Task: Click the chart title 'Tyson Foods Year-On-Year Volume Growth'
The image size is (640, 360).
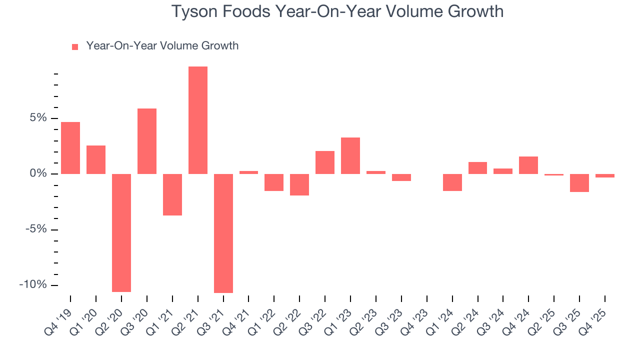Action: [337, 11]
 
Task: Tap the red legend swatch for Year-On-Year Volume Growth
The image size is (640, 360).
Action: [75, 47]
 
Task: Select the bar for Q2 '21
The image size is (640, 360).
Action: [198, 120]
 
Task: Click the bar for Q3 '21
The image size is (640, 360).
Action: [223, 233]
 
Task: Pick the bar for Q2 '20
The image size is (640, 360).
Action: [121, 232]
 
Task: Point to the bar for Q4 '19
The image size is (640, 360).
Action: [70, 148]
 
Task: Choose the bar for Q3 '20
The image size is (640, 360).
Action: [147, 141]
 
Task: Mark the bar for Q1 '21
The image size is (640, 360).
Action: [172, 194]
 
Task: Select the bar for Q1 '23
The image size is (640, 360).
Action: [350, 156]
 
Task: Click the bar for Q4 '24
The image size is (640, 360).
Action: [528, 165]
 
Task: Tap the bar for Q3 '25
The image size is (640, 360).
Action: [579, 183]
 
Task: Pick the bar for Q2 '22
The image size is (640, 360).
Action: [299, 184]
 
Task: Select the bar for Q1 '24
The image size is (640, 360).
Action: [452, 182]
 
